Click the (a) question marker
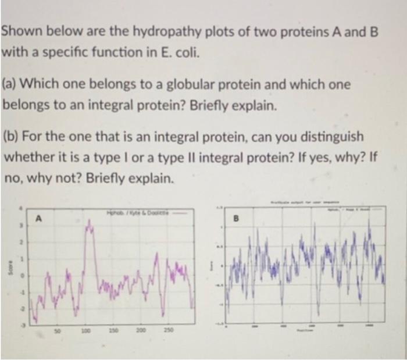[10, 85]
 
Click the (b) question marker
[10, 138]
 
